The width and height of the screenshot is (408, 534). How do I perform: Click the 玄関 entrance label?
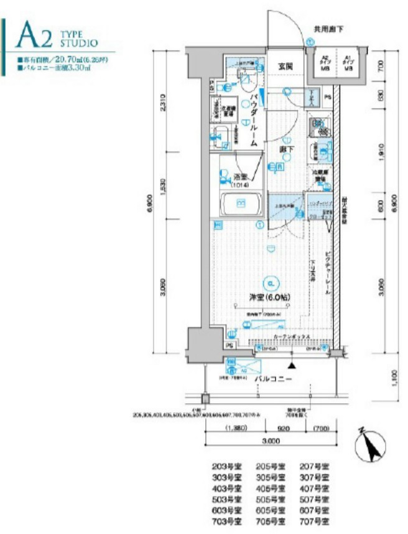coord(286,65)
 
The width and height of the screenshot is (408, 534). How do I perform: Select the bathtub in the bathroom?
coord(240,205)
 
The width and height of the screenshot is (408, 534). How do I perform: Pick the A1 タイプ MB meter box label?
coord(348,62)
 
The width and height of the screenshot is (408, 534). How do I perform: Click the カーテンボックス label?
coord(288,336)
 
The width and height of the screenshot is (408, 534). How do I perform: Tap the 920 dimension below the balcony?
coord(283,429)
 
